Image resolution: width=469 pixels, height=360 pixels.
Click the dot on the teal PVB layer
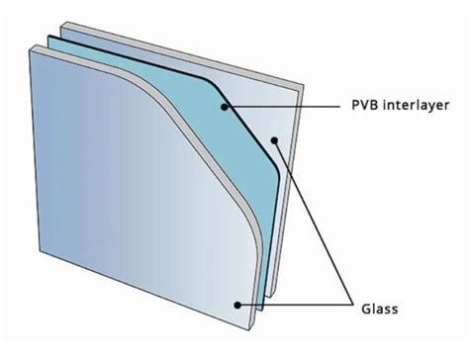click(228, 104)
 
